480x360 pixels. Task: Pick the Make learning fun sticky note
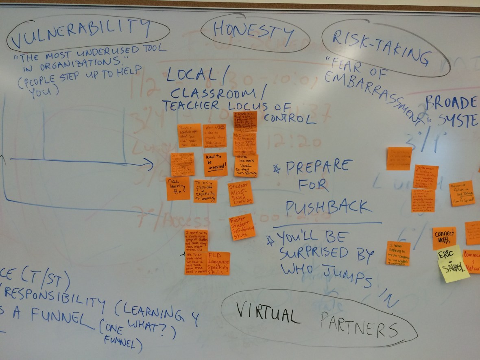coord(178,188)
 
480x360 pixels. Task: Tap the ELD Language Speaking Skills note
coord(219,263)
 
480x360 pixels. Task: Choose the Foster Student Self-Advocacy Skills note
coord(242,227)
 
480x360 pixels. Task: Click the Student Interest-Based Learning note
coord(240,194)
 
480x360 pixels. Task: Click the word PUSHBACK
coord(328,207)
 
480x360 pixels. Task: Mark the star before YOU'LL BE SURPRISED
coord(269,240)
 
